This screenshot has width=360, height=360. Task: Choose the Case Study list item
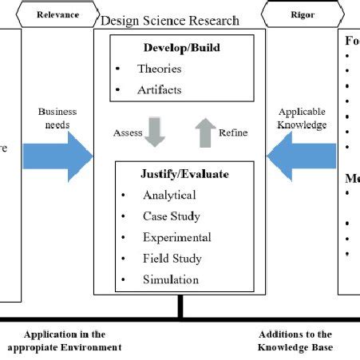[x=172, y=216]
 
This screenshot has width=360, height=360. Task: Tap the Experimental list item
[x=176, y=237]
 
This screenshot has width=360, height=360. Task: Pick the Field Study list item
[x=172, y=259]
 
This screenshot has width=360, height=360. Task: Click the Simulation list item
[x=171, y=279]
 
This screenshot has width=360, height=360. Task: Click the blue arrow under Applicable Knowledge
[x=302, y=155]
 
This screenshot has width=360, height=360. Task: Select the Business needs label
[x=57, y=119]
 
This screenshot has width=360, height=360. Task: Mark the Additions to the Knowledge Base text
[x=295, y=341]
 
